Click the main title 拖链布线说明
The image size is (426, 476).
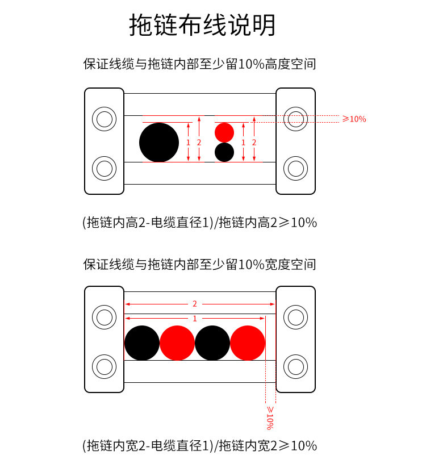[x=202, y=25]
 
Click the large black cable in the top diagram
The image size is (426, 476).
[x=159, y=143]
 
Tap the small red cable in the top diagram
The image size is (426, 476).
[x=224, y=132]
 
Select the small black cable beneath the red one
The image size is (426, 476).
[x=224, y=152]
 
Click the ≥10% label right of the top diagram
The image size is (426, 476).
[x=354, y=119]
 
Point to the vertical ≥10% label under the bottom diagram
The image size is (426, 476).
[x=270, y=418]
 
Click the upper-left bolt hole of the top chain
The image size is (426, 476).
[x=104, y=119]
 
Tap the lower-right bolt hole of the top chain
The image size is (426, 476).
[x=295, y=169]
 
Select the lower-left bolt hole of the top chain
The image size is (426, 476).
[x=104, y=169]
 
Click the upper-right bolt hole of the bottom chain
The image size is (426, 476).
[x=295, y=317]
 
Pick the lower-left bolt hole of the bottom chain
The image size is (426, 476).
[x=104, y=367]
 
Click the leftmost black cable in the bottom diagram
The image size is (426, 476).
[x=142, y=343]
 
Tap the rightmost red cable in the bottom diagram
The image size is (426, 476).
[x=248, y=343]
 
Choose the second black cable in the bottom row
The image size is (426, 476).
[x=212, y=343]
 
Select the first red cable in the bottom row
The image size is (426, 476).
[x=177, y=343]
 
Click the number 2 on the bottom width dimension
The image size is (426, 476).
[x=195, y=304]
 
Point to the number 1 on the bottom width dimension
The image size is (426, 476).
[x=195, y=319]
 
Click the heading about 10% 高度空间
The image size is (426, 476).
[x=199, y=64]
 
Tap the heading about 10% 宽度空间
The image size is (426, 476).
[x=199, y=264]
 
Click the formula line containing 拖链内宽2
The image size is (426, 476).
[x=199, y=446]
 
